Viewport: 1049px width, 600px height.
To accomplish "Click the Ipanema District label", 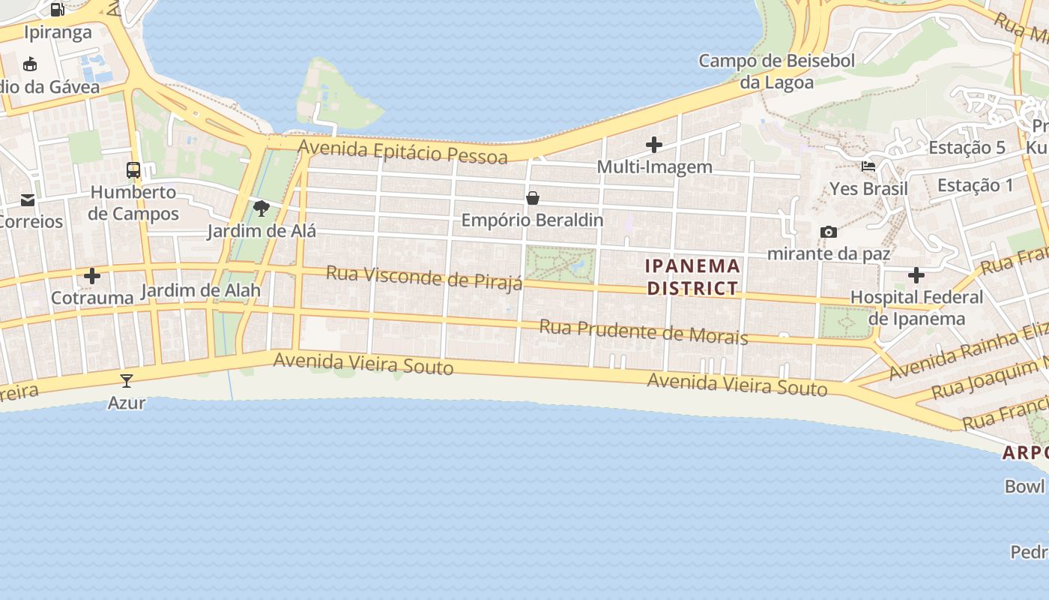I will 692,277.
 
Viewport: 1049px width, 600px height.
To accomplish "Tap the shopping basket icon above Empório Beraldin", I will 533,198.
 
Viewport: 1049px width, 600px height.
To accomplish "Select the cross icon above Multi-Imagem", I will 654,144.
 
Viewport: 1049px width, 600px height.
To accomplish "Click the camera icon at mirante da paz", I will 828,232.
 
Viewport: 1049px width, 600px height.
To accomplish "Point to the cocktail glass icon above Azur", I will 127,381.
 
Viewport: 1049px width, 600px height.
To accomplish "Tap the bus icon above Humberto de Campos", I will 133,170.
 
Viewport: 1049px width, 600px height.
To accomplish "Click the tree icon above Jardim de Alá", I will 261,208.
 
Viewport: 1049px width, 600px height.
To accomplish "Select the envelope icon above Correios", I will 28,200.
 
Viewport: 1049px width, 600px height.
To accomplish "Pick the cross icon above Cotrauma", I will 92,276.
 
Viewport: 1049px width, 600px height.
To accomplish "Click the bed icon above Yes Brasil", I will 868,166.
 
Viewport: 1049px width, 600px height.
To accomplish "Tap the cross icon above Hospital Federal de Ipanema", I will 916,275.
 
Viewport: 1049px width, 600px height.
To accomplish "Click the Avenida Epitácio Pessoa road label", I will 402,151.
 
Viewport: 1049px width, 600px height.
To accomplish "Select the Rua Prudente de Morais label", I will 643,331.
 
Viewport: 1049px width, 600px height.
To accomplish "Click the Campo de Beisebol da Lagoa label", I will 776,71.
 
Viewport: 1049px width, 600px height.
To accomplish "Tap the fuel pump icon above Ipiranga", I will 58,10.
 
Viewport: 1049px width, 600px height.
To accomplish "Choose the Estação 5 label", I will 967,148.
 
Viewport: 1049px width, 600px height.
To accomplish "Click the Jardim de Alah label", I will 201,290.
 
